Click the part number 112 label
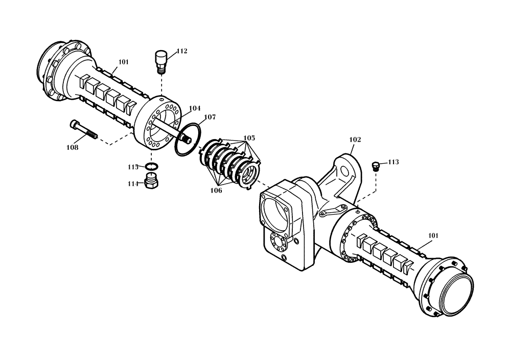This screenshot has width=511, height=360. pos(182,51)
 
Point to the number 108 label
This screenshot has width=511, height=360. pos(72,147)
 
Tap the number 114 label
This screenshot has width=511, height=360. pos(134,184)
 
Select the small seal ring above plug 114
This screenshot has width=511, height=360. pos(152,167)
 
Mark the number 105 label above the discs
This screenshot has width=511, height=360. pos(249,138)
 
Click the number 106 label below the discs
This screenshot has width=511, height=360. pos(216,190)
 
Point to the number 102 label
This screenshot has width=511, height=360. pos(355,139)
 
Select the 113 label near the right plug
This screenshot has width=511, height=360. pos(393,162)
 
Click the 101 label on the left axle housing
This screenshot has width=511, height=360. pos(123,62)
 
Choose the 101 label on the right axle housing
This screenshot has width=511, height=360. pos(432,236)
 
